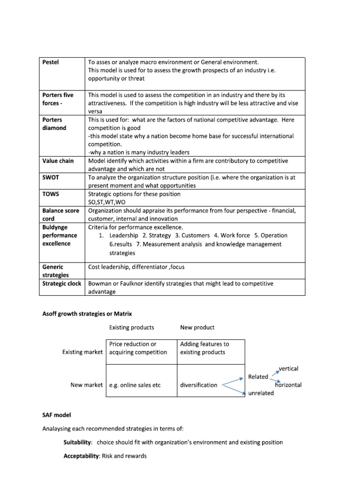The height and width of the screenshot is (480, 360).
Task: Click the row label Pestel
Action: (51, 62)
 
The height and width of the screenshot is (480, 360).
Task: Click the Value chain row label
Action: (58, 161)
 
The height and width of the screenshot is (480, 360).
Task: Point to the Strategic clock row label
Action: (62, 284)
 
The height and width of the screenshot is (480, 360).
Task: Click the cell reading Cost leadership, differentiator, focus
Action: (139, 267)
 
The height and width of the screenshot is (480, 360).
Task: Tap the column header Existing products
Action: (131, 327)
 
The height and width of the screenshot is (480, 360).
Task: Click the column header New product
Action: (197, 327)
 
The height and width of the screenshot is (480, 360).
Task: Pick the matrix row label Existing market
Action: (82, 352)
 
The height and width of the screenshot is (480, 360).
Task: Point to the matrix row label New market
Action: (86, 385)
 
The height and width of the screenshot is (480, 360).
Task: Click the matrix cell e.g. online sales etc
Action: (135, 385)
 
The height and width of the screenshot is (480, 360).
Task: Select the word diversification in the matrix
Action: (199, 385)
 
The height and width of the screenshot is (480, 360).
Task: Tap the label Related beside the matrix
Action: (258, 376)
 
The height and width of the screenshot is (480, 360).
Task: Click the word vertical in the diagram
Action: (288, 368)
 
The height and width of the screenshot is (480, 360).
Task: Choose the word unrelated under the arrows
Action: (261, 393)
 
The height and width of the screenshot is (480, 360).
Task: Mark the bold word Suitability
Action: (78, 442)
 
